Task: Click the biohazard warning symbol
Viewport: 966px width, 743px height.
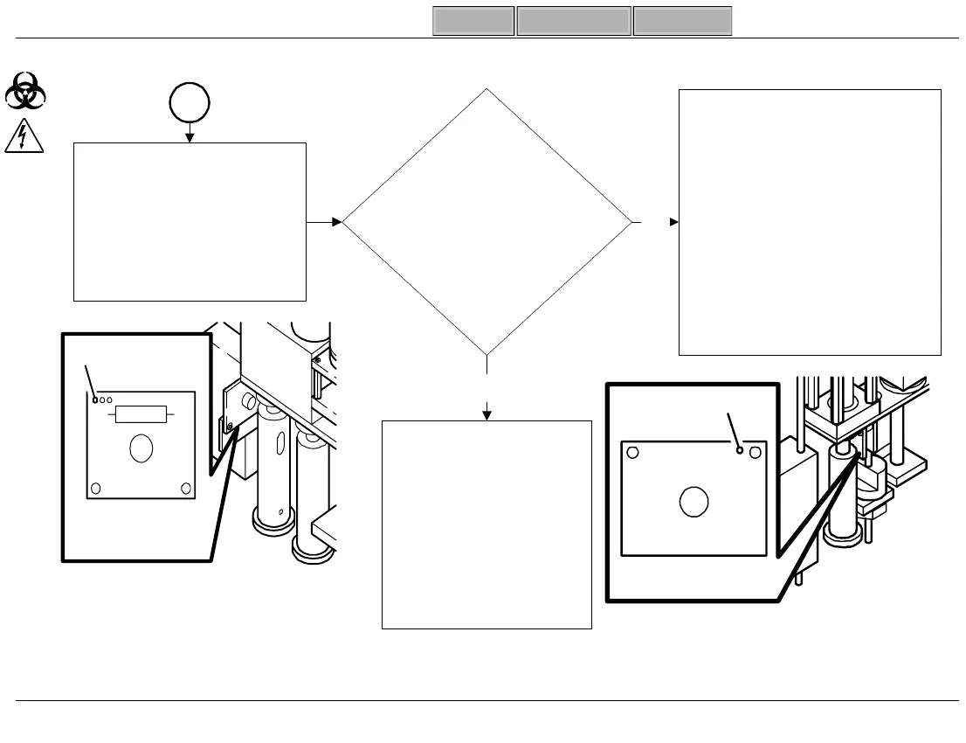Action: click(26, 91)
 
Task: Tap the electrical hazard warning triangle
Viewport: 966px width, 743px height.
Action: click(26, 136)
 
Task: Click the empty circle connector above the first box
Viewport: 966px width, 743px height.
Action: click(190, 103)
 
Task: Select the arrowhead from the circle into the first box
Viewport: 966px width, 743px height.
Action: click(190, 136)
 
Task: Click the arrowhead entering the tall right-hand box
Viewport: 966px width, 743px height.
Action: click(673, 222)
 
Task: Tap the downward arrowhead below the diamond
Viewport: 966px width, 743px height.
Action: click(486, 414)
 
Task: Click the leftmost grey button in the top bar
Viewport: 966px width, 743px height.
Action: click(473, 21)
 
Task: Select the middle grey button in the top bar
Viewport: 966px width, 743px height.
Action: click(574, 21)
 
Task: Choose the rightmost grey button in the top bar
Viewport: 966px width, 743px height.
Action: click(682, 21)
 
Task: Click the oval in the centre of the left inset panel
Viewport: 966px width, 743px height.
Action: click(140, 449)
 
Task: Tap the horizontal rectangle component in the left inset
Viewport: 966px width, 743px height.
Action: click(140, 413)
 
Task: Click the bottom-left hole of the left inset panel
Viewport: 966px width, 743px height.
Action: click(96, 487)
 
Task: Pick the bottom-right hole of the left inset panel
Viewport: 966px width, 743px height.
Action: click(184, 487)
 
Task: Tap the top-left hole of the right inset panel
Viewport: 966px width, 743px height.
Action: click(634, 453)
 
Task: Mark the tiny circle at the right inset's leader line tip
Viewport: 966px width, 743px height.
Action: click(740, 451)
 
